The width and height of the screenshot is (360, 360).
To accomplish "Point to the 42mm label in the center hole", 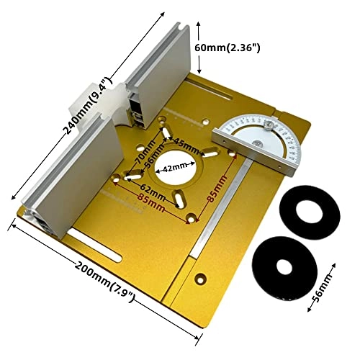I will (x=176, y=167).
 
